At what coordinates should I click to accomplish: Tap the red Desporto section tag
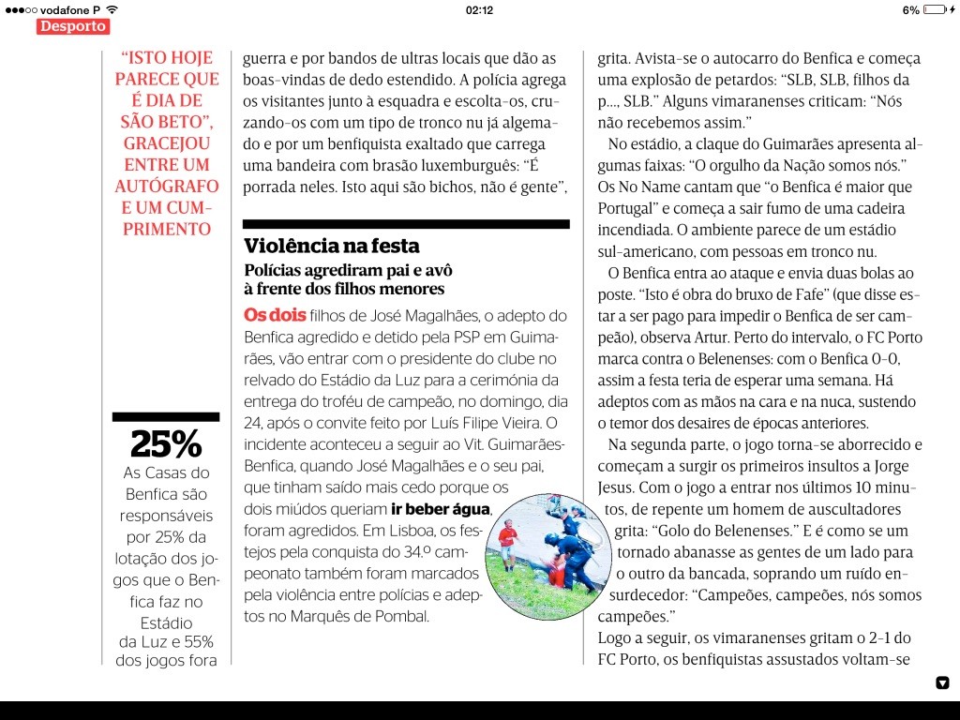(x=73, y=26)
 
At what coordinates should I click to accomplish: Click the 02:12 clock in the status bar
(x=479, y=9)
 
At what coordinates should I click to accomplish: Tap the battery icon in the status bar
(x=936, y=9)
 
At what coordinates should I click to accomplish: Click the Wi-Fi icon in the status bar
(x=112, y=9)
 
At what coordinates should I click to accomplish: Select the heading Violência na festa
(x=332, y=247)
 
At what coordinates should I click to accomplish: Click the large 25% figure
(x=165, y=443)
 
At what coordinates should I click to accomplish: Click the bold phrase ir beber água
(x=441, y=510)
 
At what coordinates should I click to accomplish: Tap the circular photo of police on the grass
(x=549, y=556)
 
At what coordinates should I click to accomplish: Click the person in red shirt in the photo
(x=507, y=537)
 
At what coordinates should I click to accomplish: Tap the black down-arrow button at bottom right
(x=942, y=682)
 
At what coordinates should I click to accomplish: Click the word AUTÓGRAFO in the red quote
(x=165, y=186)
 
